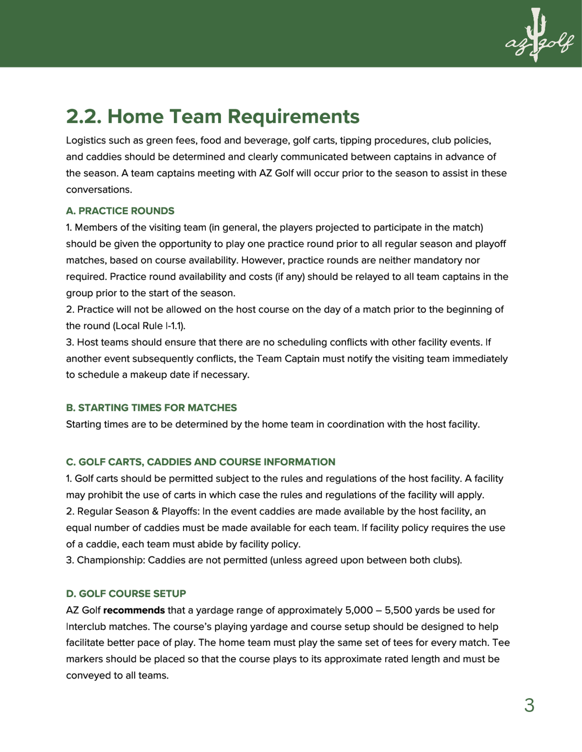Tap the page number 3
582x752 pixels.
[529, 706]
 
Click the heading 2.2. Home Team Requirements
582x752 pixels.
[212, 117]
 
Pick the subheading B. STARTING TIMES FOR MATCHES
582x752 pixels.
[151, 408]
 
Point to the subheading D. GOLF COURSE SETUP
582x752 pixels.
[126, 594]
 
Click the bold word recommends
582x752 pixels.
[134, 610]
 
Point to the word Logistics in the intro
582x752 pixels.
[86, 140]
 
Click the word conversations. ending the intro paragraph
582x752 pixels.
[99, 190]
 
